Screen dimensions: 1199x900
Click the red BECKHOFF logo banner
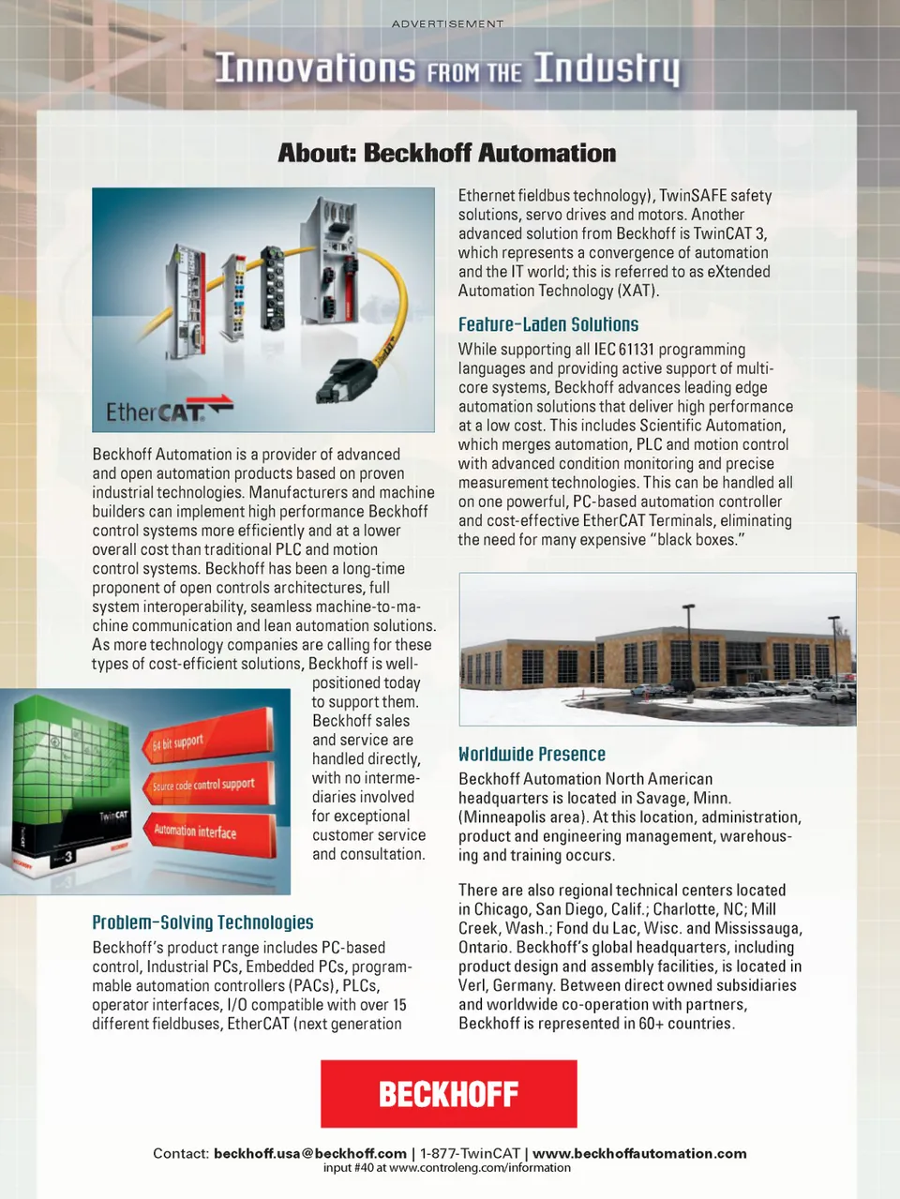[x=448, y=1093]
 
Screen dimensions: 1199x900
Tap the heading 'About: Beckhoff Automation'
[x=447, y=153]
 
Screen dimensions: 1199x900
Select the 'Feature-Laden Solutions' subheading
[x=547, y=324]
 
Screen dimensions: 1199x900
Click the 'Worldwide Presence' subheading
[x=532, y=754]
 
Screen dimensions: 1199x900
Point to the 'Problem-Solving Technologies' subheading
[x=202, y=922]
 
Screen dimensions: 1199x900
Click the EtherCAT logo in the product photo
[x=168, y=411]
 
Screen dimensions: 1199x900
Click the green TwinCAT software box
[x=70, y=787]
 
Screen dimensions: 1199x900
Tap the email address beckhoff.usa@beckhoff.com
[x=310, y=1153]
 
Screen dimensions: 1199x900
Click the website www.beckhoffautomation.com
[x=639, y=1153]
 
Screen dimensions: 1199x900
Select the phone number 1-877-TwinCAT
[x=470, y=1153]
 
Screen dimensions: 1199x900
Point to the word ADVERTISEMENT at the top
[x=447, y=23]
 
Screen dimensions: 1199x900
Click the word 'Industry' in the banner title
[x=607, y=68]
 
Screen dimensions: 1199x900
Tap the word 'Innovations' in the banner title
[x=315, y=68]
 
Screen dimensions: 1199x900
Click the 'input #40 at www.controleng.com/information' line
[x=447, y=1168]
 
